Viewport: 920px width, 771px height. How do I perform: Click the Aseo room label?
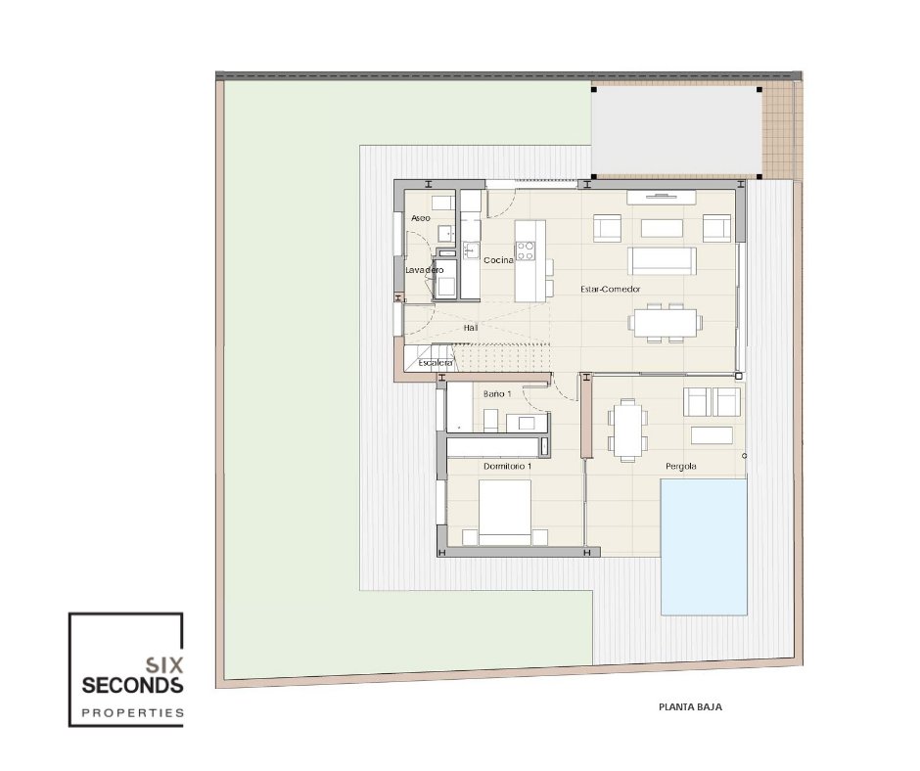click(421, 218)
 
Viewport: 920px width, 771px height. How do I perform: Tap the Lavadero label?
click(425, 270)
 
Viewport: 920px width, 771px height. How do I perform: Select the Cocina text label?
click(498, 260)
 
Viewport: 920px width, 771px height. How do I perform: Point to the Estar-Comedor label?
click(610, 290)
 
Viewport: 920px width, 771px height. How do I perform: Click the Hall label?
click(471, 328)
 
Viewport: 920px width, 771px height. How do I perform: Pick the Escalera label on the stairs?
click(436, 363)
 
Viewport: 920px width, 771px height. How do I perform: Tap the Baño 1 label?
click(497, 393)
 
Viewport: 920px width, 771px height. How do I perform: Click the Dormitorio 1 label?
click(508, 467)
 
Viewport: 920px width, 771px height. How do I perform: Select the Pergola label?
click(681, 467)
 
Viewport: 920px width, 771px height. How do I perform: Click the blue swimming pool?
click(704, 547)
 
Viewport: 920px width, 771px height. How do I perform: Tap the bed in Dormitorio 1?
click(505, 513)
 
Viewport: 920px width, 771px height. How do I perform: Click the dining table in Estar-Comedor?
click(666, 322)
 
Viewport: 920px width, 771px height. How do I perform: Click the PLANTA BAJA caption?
click(690, 707)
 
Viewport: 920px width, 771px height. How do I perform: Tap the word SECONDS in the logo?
click(132, 685)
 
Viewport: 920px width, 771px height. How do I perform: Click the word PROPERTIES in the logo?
click(132, 713)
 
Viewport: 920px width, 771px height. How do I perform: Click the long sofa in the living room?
click(662, 261)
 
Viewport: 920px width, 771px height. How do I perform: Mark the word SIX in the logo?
click(164, 664)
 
